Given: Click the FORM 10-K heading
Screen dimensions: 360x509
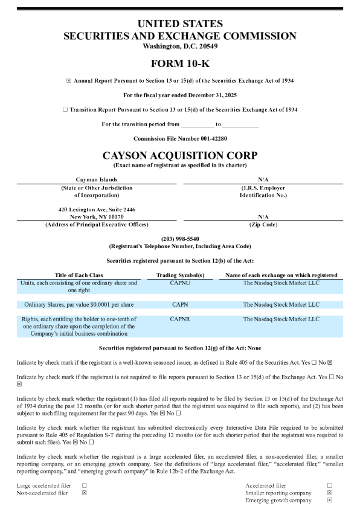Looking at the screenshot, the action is coord(179,63).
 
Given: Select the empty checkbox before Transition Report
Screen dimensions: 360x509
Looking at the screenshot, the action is coord(65,110).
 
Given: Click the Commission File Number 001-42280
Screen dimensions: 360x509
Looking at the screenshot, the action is coord(180,138).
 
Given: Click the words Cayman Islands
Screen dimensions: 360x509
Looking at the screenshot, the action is coord(97,180).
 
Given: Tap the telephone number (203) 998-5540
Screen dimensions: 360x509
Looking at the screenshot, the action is coord(180,239).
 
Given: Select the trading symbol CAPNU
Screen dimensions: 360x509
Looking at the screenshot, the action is coord(180,283).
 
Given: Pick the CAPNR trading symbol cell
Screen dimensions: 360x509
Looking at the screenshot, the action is coord(180,319).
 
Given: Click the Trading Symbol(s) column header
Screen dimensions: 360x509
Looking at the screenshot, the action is coord(180,275).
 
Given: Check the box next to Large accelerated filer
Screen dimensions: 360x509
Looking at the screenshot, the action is coord(84,485).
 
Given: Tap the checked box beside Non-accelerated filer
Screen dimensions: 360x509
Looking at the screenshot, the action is coord(84,493).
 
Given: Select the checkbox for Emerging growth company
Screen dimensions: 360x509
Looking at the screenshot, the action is coord(329,500).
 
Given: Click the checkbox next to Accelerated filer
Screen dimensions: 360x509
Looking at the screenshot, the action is coord(329,485).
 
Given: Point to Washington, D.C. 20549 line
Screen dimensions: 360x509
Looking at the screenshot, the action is coord(180,46).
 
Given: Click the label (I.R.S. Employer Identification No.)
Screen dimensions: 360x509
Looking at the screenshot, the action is coord(263,191).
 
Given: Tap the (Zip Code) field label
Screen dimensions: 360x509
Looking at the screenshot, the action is coord(263,225).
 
